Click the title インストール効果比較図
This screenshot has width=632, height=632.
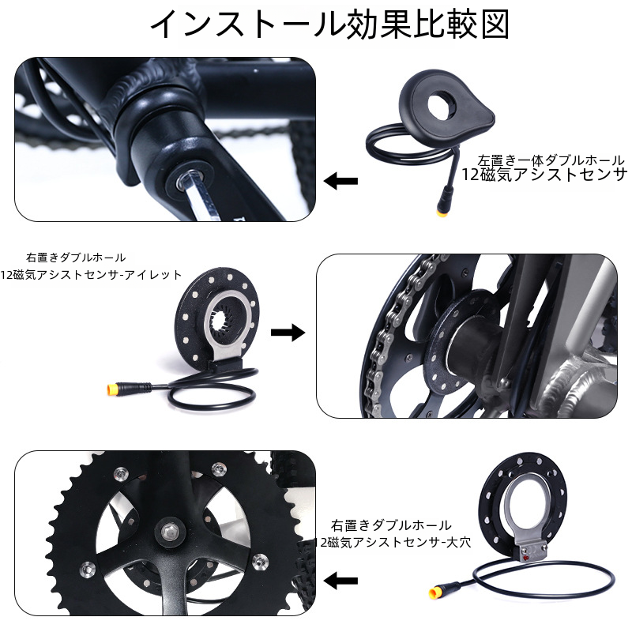tap(329, 24)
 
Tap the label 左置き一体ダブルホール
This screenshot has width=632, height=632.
tap(551, 160)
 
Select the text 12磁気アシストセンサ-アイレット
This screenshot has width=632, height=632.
tap(91, 275)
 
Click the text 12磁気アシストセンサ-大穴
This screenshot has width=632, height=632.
tap(393, 542)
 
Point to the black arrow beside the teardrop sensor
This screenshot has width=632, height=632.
tap(340, 181)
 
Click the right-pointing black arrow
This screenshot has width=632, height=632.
tap(288, 333)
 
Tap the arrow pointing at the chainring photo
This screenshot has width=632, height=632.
tap(340, 581)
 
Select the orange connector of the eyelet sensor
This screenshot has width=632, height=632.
tap(112, 389)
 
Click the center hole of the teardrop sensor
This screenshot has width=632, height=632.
tap(443, 105)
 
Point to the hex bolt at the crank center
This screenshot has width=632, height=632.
tap(169, 532)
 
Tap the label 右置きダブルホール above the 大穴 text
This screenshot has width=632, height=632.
tap(391, 525)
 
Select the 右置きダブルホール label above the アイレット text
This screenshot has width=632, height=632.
tap(76, 258)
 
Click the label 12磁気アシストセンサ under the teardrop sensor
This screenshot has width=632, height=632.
tap(544, 175)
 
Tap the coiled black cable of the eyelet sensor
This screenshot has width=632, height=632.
tap(213, 400)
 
